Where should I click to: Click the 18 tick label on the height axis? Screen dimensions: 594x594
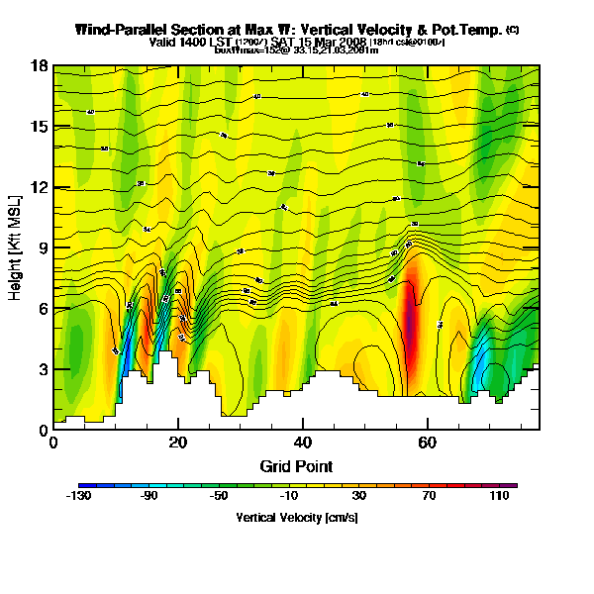(41, 67)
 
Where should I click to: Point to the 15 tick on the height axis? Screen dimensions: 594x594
(41, 128)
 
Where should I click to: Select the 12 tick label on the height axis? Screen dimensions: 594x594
(41, 188)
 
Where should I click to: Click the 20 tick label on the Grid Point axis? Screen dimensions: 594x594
(178, 443)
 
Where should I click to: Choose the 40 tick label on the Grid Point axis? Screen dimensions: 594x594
(303, 443)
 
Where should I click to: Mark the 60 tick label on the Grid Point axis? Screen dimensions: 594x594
(428, 443)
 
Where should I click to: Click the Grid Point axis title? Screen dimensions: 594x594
(296, 465)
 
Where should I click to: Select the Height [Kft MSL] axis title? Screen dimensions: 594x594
(17, 248)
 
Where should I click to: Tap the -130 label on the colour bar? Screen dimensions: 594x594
(79, 497)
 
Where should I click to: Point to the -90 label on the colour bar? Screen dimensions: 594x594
(149, 497)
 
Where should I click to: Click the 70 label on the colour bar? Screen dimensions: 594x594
(429, 497)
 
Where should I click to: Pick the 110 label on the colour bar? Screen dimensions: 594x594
(498, 497)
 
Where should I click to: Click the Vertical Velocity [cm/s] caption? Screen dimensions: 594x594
(297, 517)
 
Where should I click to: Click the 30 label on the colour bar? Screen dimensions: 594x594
(359, 497)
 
